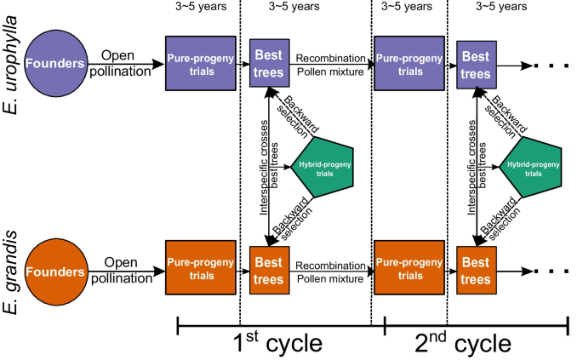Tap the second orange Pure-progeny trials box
point(409,268)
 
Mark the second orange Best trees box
point(476,268)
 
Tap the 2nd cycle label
point(465,341)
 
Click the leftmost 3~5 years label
point(202,8)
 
